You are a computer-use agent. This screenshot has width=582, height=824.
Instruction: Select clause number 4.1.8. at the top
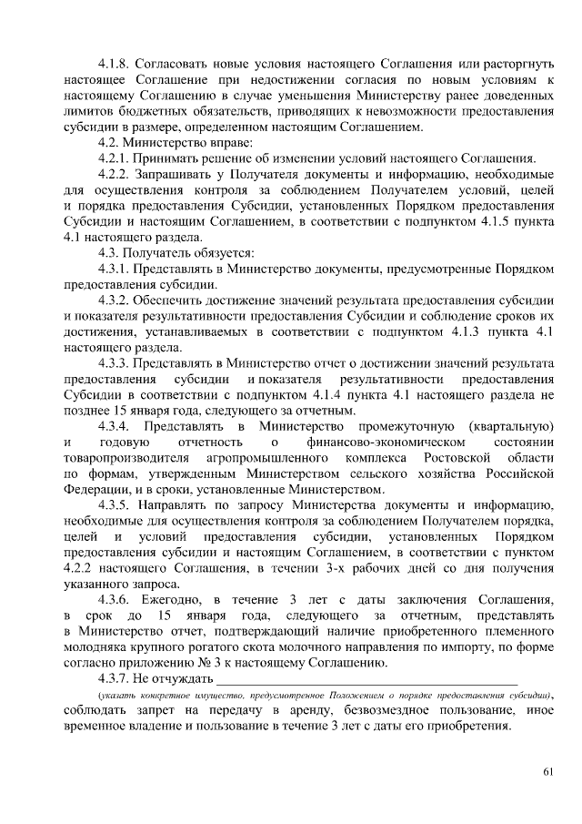coord(115,65)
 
